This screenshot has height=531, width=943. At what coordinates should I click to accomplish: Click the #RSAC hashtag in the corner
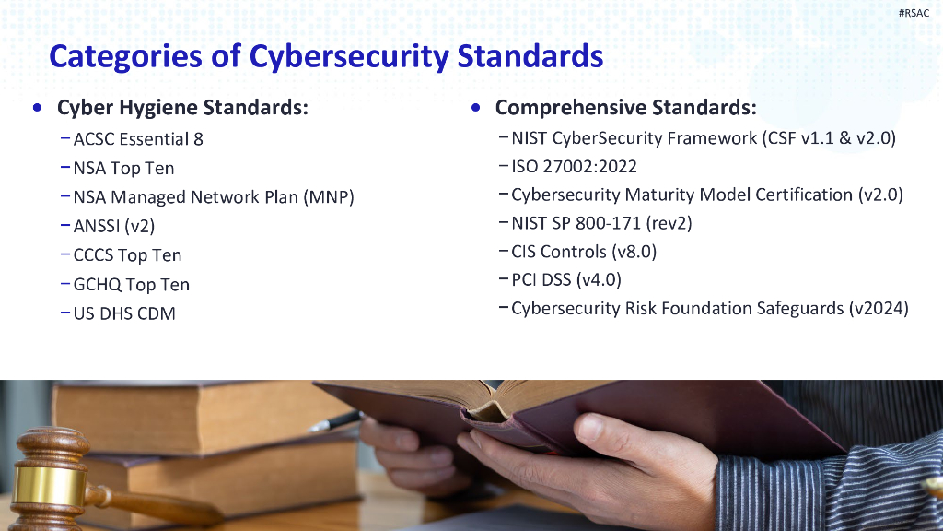[x=914, y=13]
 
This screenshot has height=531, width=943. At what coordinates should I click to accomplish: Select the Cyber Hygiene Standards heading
[x=182, y=107]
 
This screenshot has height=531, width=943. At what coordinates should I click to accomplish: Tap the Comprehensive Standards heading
[x=625, y=107]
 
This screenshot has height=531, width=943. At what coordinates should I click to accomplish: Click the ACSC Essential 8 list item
[x=138, y=139]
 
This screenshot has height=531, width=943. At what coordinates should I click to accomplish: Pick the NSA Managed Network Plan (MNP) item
[x=214, y=197]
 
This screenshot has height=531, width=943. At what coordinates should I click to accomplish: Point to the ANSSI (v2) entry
[x=114, y=226]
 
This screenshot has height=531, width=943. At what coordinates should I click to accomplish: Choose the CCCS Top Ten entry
[x=127, y=255]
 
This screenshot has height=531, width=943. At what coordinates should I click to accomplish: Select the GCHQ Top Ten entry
[x=131, y=285]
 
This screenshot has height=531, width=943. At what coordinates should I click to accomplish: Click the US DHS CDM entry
[x=124, y=313]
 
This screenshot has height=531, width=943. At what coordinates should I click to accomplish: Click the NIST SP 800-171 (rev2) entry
[x=601, y=223]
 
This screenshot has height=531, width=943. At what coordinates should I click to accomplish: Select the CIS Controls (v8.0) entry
[x=584, y=252]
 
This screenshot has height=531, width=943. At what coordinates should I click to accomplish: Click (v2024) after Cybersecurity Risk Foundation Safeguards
[x=879, y=308]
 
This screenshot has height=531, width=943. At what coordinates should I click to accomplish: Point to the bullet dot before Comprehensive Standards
[x=474, y=107]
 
